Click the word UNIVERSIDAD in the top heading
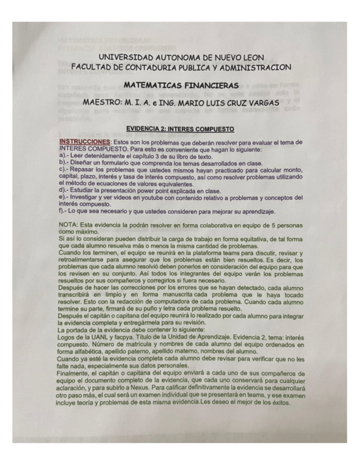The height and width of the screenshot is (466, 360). click(126, 57)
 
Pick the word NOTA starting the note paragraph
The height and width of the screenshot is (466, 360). click(68, 224)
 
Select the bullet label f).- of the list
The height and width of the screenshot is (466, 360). click(63, 211)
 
